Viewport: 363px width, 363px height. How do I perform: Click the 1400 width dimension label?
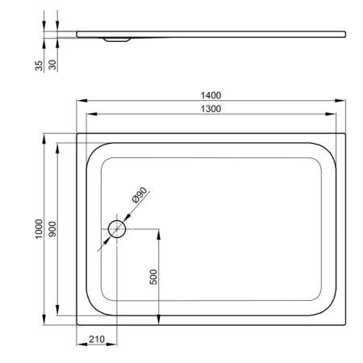[211, 95]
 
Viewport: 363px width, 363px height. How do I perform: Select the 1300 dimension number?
[211, 109]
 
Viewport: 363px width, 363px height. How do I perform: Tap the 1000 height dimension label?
[39, 229]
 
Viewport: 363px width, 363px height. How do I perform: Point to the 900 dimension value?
[52, 229]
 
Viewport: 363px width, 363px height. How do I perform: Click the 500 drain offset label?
[153, 277]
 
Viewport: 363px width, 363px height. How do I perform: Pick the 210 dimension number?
[97, 340]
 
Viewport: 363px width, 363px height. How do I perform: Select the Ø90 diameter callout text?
[140, 194]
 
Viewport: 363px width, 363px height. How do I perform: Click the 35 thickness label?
[39, 66]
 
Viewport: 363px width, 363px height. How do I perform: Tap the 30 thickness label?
[52, 65]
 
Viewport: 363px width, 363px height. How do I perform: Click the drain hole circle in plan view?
[117, 220]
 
